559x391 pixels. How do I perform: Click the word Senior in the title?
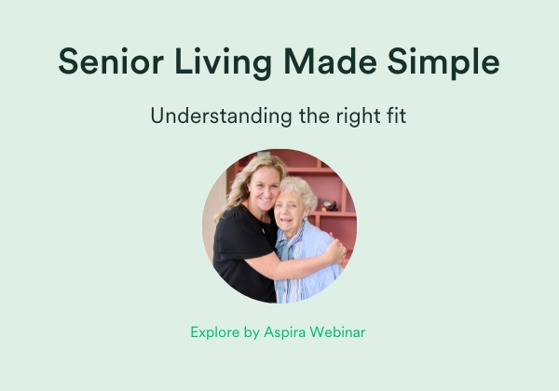111,61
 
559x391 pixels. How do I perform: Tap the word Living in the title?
224,63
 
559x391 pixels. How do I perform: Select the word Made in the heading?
330,61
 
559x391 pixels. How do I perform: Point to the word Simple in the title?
443,63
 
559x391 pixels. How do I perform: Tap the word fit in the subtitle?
396,115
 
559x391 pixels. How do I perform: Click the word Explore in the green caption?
214,332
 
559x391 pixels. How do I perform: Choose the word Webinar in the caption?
337,332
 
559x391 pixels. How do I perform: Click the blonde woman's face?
265,189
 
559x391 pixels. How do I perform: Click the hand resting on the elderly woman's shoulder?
335,250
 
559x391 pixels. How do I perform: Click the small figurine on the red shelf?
329,205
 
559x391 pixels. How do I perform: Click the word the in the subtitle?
314,115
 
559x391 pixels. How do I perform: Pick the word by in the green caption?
252,332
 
